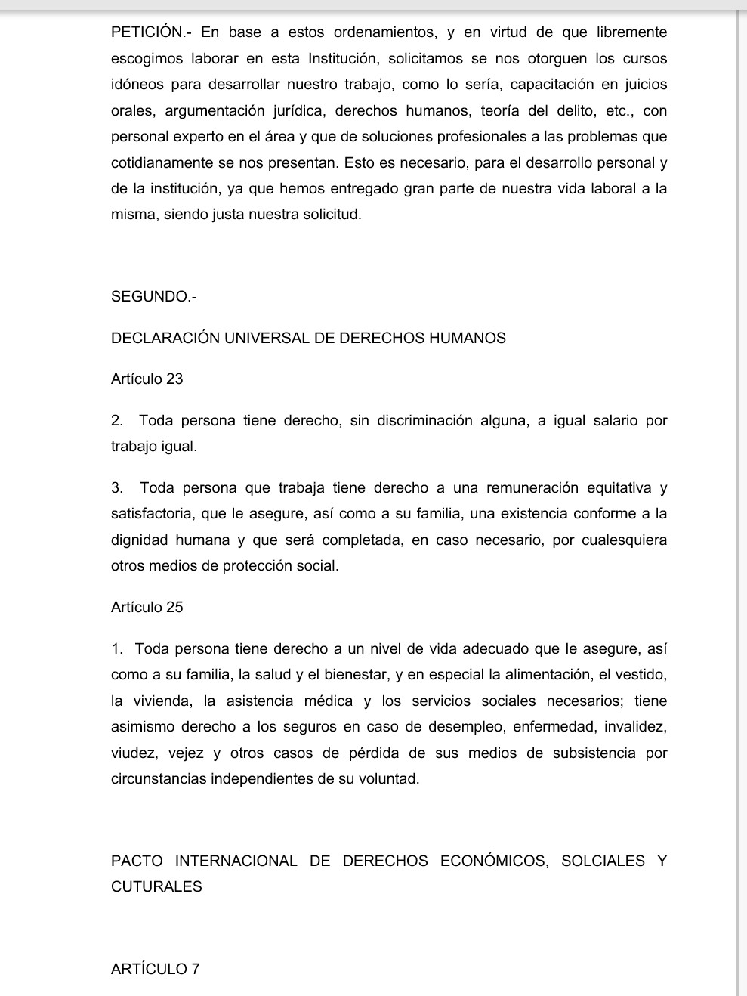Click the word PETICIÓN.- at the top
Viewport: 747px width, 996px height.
[x=151, y=32]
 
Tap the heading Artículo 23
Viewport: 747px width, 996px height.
[x=147, y=379]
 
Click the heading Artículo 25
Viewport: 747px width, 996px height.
[x=147, y=607]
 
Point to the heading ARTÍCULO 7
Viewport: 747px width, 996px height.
[x=156, y=969]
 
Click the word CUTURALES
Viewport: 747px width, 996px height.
[x=156, y=887]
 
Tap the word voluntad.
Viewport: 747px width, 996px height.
[x=387, y=779]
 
